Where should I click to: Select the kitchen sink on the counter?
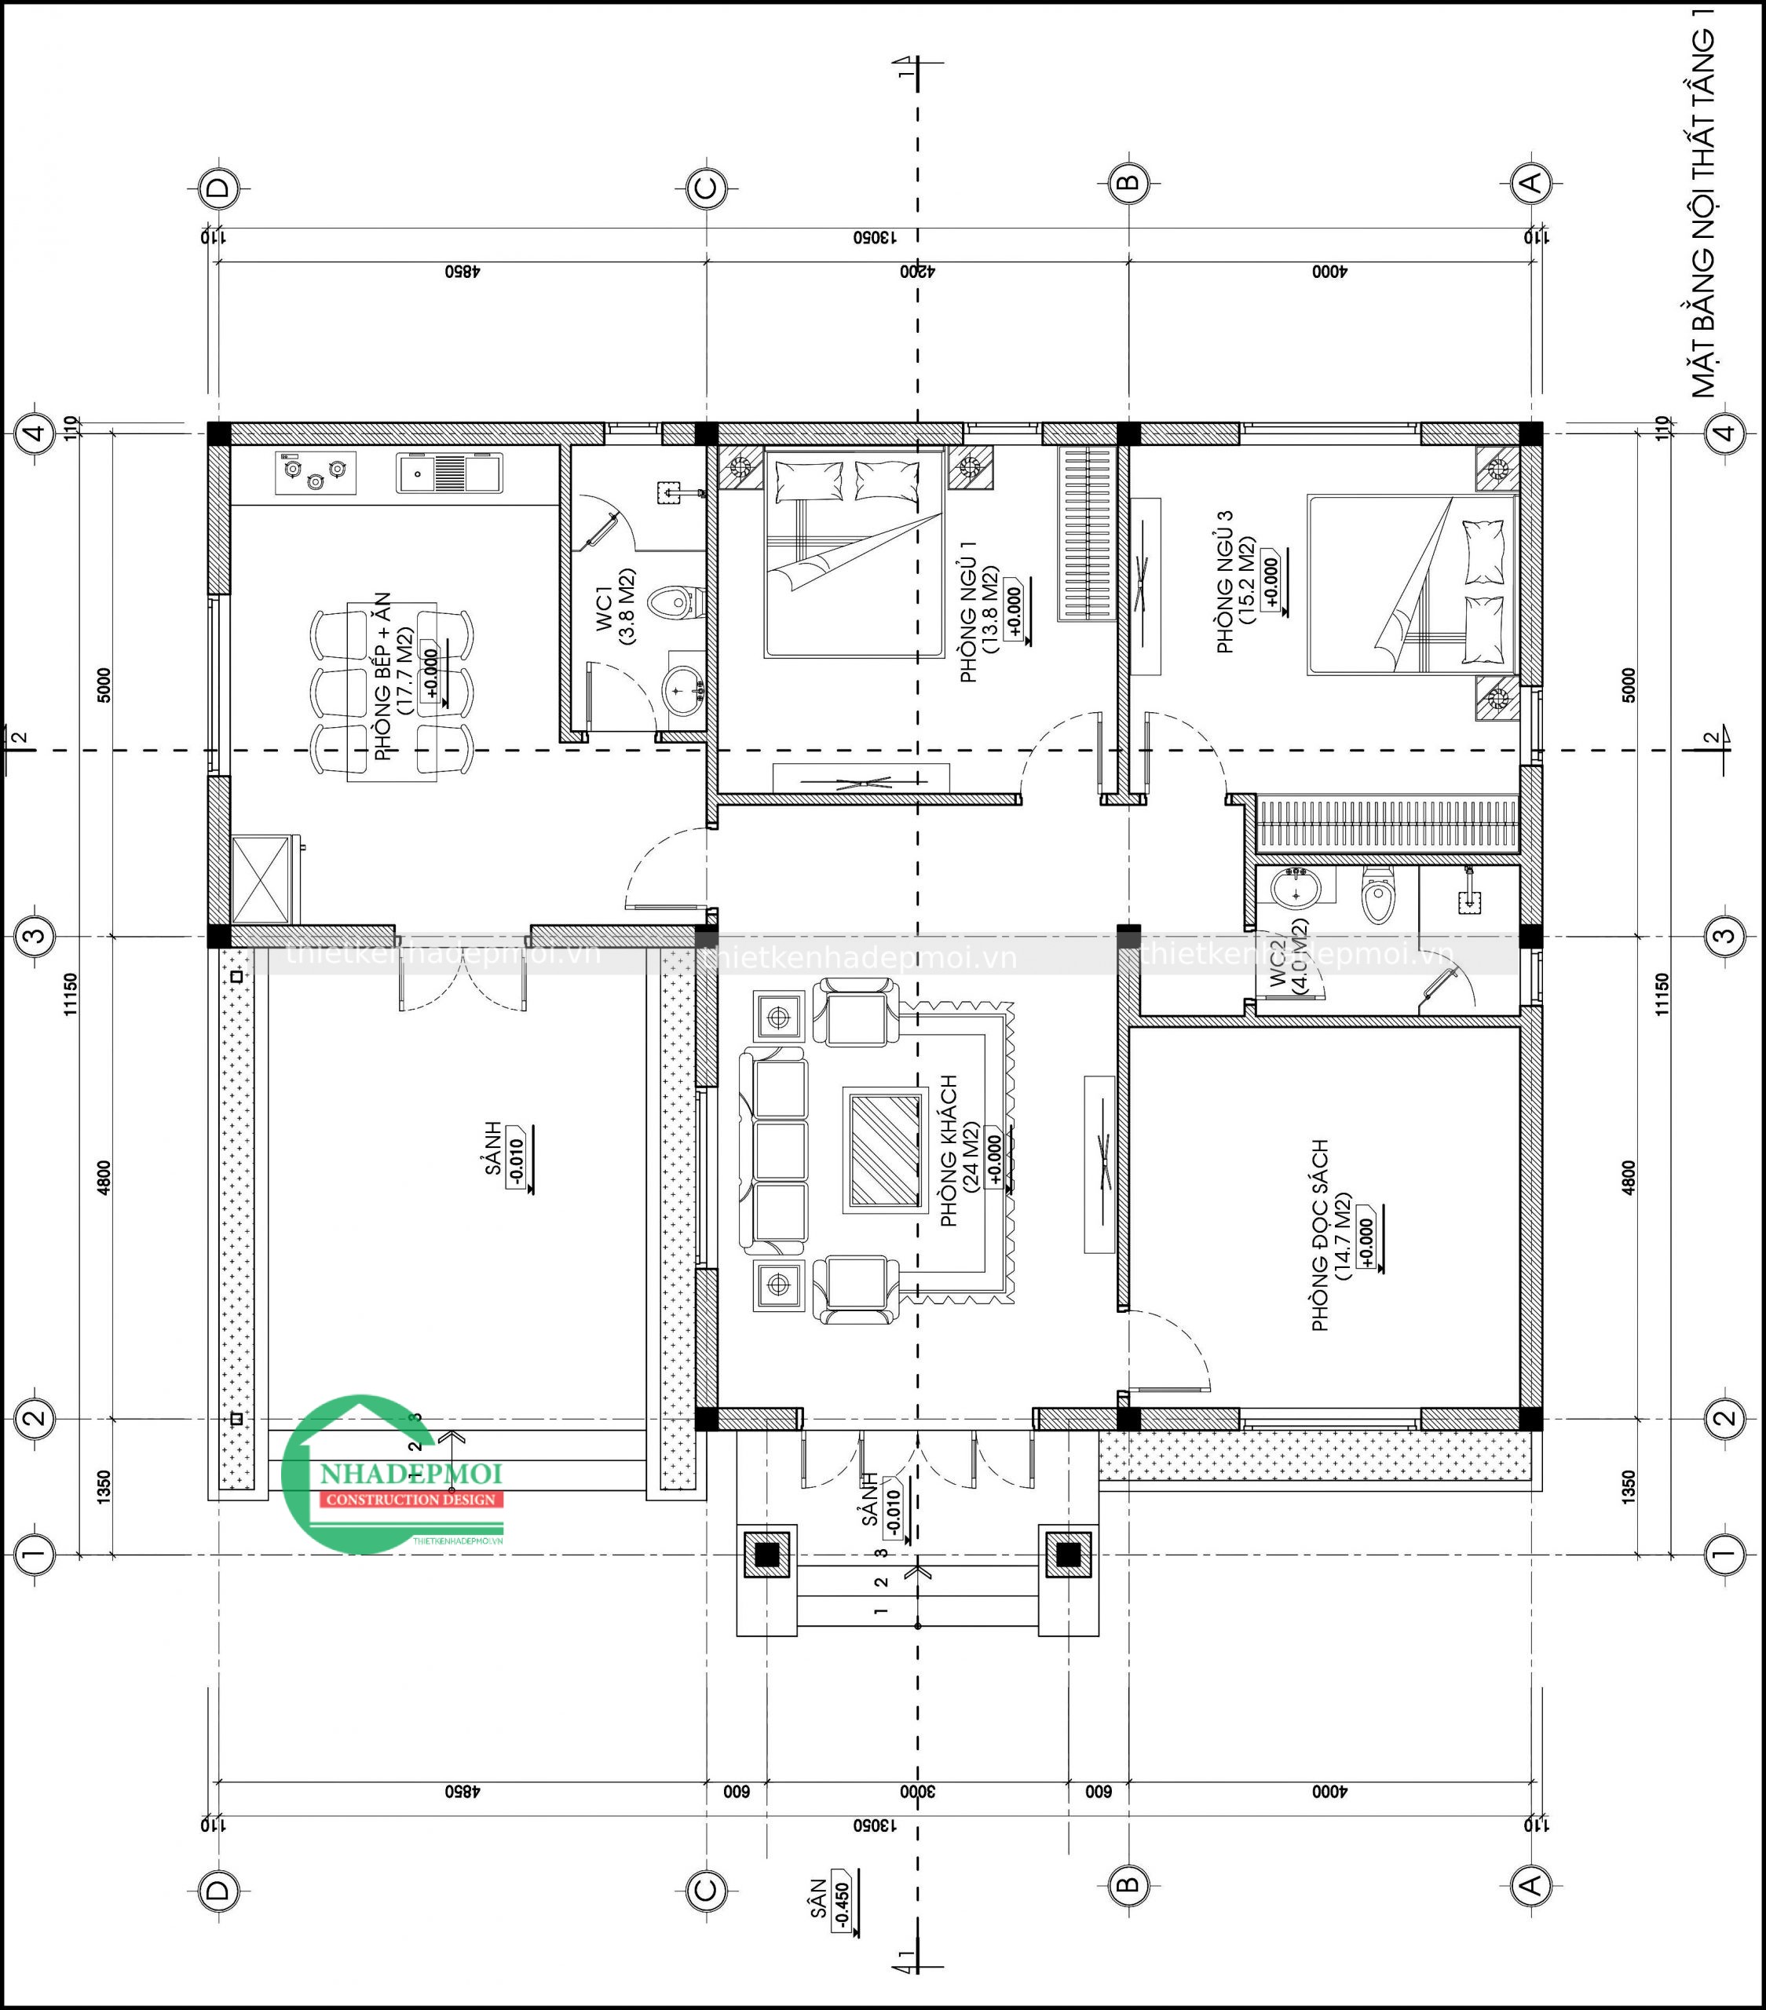(449, 474)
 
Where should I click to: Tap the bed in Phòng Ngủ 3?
(1412, 585)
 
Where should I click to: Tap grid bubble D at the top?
(218, 187)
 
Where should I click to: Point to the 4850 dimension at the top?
(459, 272)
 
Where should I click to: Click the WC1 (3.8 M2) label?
(613, 607)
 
